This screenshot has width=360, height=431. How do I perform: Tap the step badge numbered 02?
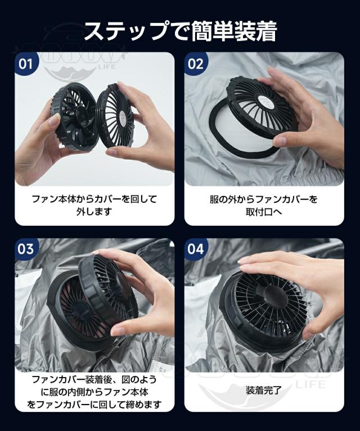click(x=195, y=63)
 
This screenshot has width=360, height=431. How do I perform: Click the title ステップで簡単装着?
click(x=180, y=31)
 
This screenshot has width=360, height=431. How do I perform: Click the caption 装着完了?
click(x=264, y=389)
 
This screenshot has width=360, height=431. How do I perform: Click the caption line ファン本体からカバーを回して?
click(x=94, y=198)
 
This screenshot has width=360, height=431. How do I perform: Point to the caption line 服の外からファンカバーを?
click(x=264, y=198)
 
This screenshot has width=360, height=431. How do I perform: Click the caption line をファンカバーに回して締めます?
click(x=94, y=404)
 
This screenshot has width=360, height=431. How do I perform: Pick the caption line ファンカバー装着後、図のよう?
click(x=94, y=379)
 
